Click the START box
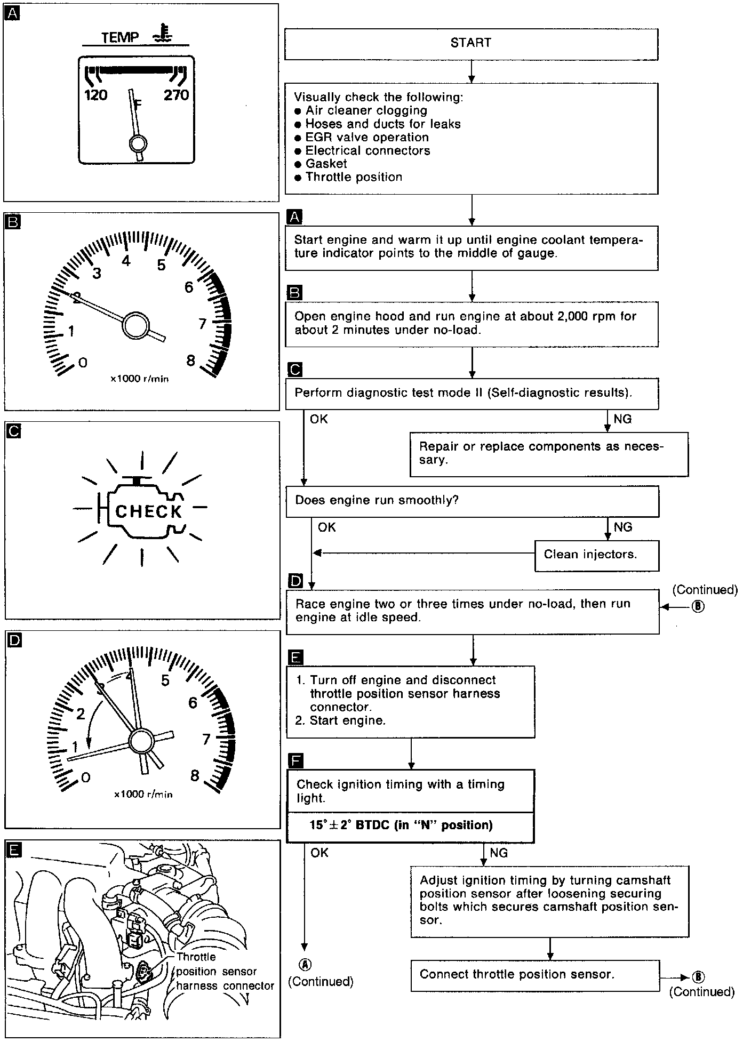pyautogui.click(x=471, y=44)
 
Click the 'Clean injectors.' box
pyautogui.click(x=596, y=555)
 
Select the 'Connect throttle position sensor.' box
pyautogui.click(x=535, y=975)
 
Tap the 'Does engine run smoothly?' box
pyautogui.click(x=472, y=501)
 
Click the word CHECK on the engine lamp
pyautogui.click(x=148, y=511)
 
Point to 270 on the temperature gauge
pyautogui.click(x=177, y=95)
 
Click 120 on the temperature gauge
pyautogui.click(x=96, y=95)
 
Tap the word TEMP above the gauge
pyautogui.click(x=120, y=38)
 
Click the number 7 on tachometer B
pyautogui.click(x=202, y=324)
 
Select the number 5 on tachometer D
pyautogui.click(x=165, y=680)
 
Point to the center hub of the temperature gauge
pyautogui.click(x=138, y=144)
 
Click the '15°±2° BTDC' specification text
pyautogui.click(x=401, y=825)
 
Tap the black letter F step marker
pyautogui.click(x=294, y=760)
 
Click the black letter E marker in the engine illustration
pyautogui.click(x=13, y=849)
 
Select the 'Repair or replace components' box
pyautogui.click(x=549, y=454)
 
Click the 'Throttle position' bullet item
pyautogui.click(x=354, y=178)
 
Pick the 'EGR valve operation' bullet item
pyautogui.click(x=367, y=138)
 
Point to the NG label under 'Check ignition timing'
pyautogui.click(x=498, y=853)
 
